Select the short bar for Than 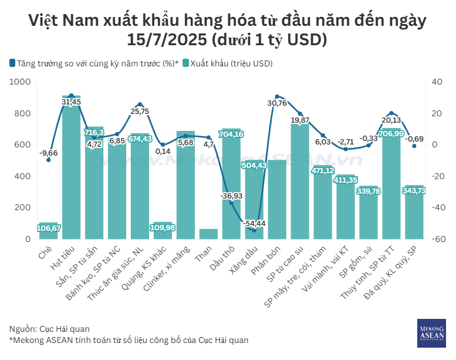click(208, 234)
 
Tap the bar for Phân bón click(276, 200)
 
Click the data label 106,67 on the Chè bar click(49, 228)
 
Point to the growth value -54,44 click(254, 224)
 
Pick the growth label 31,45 click(72, 102)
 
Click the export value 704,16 click(231, 134)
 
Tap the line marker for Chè click(49, 160)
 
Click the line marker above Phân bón click(276, 96)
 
